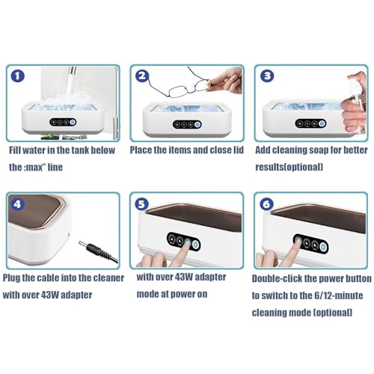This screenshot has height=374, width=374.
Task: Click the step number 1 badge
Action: (x=18, y=76)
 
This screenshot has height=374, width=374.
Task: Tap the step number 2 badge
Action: (x=142, y=76)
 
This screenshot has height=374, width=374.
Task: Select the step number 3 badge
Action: (x=267, y=76)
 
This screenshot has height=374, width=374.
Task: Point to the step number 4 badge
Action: (x=17, y=204)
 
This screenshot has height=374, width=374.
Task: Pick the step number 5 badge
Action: (x=141, y=204)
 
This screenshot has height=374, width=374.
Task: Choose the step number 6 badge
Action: (x=266, y=204)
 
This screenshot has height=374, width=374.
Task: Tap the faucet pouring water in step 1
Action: (x=72, y=71)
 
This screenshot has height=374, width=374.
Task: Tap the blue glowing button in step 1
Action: (x=73, y=122)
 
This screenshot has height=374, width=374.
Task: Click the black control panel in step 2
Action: (x=187, y=124)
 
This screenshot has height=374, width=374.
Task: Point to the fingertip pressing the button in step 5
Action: (x=187, y=242)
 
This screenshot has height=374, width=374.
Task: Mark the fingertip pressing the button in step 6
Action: (x=298, y=241)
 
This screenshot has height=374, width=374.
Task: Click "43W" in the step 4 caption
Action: (x=49, y=295)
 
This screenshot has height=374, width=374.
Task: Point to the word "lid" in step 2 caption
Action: (x=239, y=150)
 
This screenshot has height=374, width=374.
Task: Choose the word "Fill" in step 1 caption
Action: (x=14, y=150)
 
